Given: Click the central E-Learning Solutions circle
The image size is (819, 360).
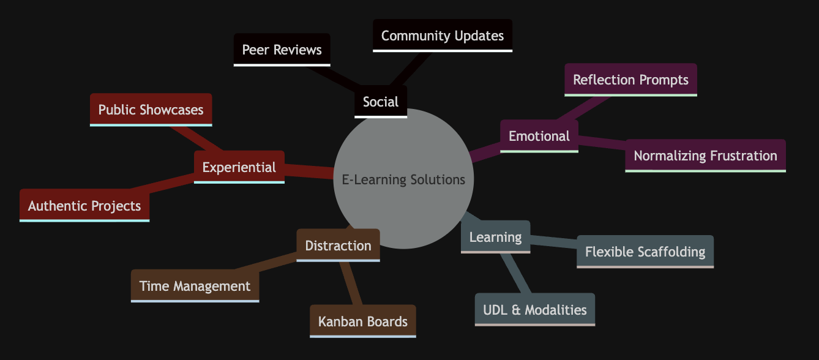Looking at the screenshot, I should click(x=404, y=179).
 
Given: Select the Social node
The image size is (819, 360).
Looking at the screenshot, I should click(x=381, y=102).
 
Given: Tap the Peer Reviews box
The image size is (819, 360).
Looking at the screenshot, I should click(x=282, y=50).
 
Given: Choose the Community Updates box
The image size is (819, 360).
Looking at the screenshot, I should click(x=443, y=36).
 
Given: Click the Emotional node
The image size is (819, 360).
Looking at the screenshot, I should click(x=539, y=136).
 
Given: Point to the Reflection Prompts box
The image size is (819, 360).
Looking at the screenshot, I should click(x=630, y=80).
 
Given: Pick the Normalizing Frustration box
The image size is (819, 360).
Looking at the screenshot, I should click(x=705, y=156).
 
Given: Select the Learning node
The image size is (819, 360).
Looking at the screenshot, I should click(x=495, y=237).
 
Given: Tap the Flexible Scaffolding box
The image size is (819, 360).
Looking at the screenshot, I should click(x=645, y=252).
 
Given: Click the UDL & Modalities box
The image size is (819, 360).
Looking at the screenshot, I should click(x=535, y=310).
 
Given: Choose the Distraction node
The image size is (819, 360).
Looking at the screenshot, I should click(x=338, y=246).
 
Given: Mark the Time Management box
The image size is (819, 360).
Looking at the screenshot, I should click(x=195, y=286).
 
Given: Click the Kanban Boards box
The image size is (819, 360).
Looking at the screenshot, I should click(x=363, y=321).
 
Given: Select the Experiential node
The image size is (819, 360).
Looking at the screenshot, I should click(x=239, y=167).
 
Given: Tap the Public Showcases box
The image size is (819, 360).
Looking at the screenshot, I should click(x=151, y=110).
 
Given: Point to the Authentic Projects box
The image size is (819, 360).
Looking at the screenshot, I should click(x=84, y=205).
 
